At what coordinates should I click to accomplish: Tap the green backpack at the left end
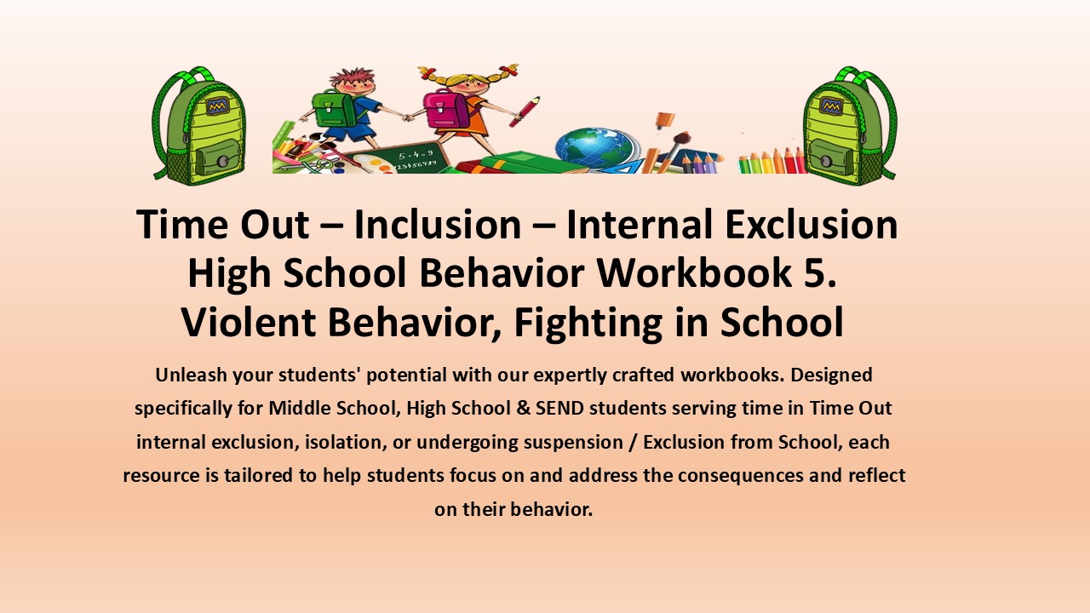point(198,125)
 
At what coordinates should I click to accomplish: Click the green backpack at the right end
point(848,125)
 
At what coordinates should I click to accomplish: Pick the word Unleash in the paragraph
point(188,375)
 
